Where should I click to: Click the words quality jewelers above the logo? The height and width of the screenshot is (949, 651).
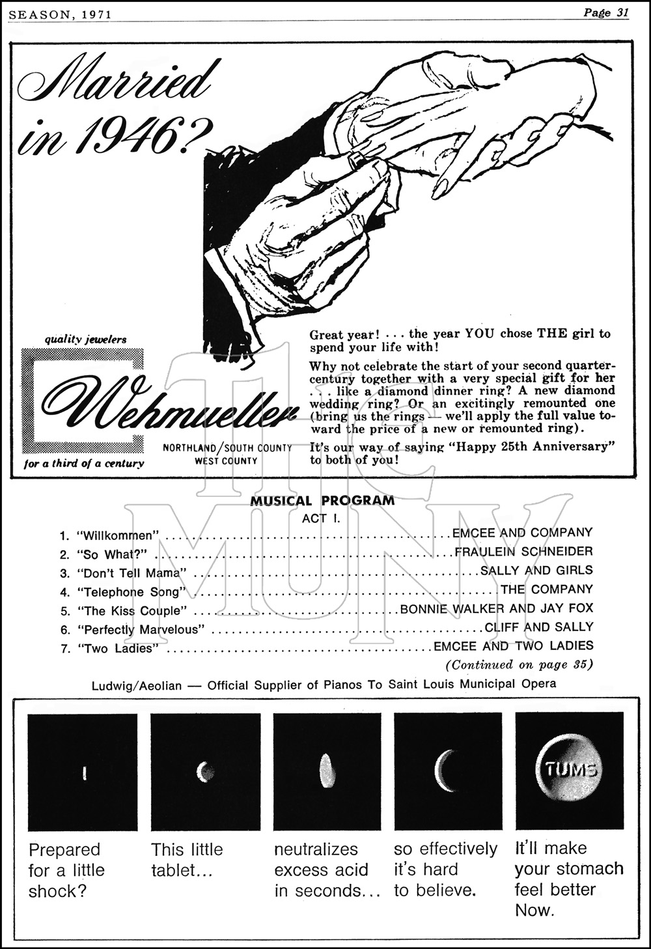[x=85, y=339]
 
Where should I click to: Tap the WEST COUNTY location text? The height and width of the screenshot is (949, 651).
[x=226, y=460]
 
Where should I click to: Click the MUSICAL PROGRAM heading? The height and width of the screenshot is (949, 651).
[x=322, y=501]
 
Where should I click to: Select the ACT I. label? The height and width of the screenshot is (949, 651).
[x=321, y=518]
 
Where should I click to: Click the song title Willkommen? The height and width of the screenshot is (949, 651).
[x=118, y=536]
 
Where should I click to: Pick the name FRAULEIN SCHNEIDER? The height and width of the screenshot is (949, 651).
[x=523, y=552]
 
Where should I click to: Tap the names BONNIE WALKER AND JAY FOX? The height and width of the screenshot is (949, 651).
[x=496, y=608]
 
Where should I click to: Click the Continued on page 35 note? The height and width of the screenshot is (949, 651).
[x=519, y=665]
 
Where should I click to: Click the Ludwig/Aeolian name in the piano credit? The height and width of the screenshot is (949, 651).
[x=137, y=685]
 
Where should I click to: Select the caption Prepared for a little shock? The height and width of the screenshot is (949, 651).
[x=66, y=870]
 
